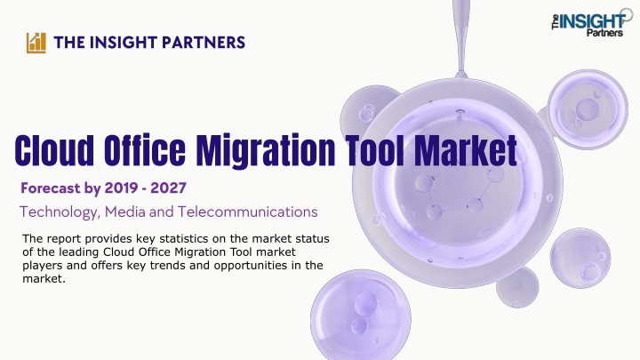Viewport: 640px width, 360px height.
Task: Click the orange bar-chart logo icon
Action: click(36, 43)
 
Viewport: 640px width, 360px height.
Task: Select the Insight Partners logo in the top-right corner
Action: click(591, 24)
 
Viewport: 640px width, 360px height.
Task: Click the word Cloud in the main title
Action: click(54, 150)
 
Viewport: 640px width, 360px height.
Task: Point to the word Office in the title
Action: click(145, 150)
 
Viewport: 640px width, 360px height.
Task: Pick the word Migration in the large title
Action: click(265, 151)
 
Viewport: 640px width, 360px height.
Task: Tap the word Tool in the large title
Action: click(375, 150)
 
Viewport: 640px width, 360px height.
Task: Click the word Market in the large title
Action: click(466, 150)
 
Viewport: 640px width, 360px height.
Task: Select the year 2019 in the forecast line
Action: click(123, 188)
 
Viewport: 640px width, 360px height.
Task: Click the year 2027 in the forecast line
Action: click(168, 188)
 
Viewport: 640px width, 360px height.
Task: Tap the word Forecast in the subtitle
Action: click(50, 188)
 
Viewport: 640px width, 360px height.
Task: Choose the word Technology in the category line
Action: click(60, 212)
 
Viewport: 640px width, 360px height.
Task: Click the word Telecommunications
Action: click(247, 212)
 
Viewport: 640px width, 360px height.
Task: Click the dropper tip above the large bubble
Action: click(461, 75)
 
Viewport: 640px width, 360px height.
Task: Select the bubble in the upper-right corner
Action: click(588, 109)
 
